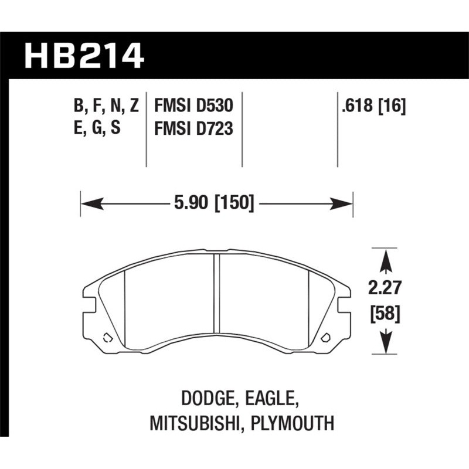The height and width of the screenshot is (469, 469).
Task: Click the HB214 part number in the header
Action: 83,55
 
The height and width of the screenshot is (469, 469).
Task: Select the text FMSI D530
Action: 193,106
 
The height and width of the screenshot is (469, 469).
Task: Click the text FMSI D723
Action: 193,127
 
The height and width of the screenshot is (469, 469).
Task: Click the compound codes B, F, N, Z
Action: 106,106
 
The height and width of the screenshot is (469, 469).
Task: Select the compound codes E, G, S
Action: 97,127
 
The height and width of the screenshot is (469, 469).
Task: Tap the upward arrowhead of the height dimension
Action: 385,260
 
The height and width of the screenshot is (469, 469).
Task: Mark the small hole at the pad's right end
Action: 327,337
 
